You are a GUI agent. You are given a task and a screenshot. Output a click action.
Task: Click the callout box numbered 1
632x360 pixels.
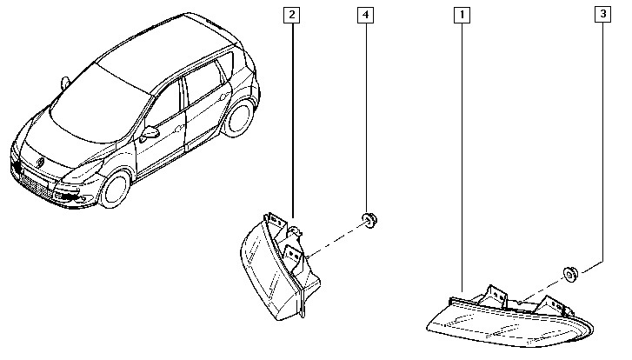(x=462, y=15)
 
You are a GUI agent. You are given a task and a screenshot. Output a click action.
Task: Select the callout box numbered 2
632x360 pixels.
(x=293, y=15)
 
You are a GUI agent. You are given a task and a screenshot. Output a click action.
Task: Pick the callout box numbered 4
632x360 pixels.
(x=366, y=15)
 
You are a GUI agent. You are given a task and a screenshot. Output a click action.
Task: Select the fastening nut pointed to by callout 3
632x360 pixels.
(x=571, y=275)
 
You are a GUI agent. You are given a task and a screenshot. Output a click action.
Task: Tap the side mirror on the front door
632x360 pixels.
(x=151, y=133)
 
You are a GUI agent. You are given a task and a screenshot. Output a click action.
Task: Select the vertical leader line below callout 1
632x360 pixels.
(x=462, y=157)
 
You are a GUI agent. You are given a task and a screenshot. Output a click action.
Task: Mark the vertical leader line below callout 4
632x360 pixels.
(x=366, y=113)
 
